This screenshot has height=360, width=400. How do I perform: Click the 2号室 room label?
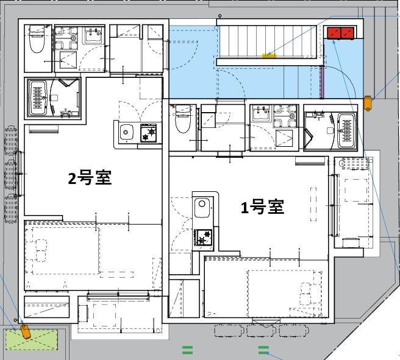[x=90, y=178]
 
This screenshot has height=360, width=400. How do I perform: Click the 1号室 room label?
[x=262, y=208]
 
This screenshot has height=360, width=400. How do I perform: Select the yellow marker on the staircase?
[x=269, y=55]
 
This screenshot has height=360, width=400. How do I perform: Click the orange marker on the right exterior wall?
[x=368, y=102]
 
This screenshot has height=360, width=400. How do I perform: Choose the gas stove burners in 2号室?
[x=149, y=133]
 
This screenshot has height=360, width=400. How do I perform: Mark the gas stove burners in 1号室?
[x=202, y=237]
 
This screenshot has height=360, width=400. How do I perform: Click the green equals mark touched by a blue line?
[x=263, y=350]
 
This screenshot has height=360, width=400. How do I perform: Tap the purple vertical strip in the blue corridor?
[x=321, y=82]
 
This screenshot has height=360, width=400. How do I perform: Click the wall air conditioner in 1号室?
[x=309, y=161]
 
